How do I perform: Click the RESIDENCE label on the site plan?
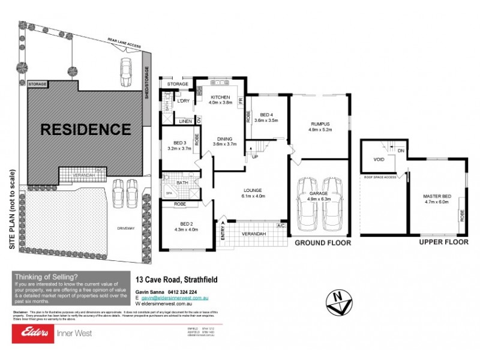(x=85, y=129)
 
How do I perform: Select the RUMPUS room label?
(x=320, y=124)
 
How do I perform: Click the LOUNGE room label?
(x=253, y=191)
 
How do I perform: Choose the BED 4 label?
(x=266, y=115)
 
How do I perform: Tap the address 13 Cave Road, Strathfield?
(x=176, y=280)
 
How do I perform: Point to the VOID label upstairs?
(x=379, y=160)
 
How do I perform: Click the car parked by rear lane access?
(x=127, y=73)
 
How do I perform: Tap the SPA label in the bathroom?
(x=170, y=193)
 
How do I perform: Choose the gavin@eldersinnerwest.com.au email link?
(x=174, y=298)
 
